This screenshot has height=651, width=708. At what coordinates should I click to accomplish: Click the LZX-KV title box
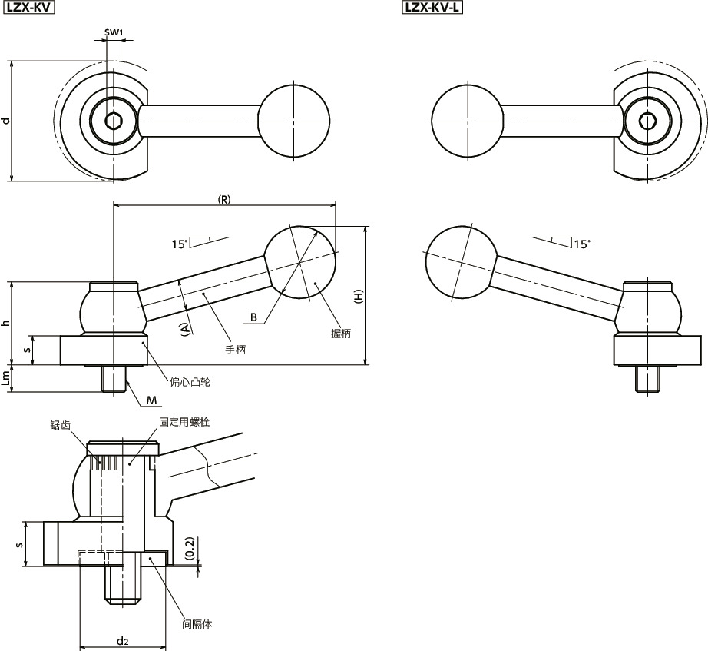[x=29, y=8]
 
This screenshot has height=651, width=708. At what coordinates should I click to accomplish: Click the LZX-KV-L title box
[x=432, y=8]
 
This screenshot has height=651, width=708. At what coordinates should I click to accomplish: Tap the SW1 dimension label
[x=114, y=32]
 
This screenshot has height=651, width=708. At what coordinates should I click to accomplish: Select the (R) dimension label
[x=224, y=200]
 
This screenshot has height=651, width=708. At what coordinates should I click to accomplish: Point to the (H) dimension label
[x=359, y=296]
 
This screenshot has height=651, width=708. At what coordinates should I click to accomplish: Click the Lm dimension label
[x=5, y=378]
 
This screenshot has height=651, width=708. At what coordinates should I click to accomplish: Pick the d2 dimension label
[x=122, y=640]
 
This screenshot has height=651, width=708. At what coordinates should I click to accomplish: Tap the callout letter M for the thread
[x=152, y=400]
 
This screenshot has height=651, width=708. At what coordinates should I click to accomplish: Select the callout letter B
[x=253, y=317]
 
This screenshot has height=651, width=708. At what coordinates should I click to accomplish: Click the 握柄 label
[x=341, y=334]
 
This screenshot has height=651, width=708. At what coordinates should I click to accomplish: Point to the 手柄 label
[x=236, y=350]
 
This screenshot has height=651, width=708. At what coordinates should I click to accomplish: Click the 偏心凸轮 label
[x=190, y=382]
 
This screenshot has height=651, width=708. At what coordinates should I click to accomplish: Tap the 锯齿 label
[x=61, y=425]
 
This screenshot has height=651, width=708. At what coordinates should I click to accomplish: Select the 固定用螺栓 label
[x=184, y=422]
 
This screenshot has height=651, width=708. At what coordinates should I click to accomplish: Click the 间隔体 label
[x=197, y=624]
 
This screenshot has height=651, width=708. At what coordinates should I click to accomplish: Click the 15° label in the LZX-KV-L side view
[x=582, y=244]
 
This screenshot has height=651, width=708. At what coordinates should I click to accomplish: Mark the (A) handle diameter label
[x=184, y=329]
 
